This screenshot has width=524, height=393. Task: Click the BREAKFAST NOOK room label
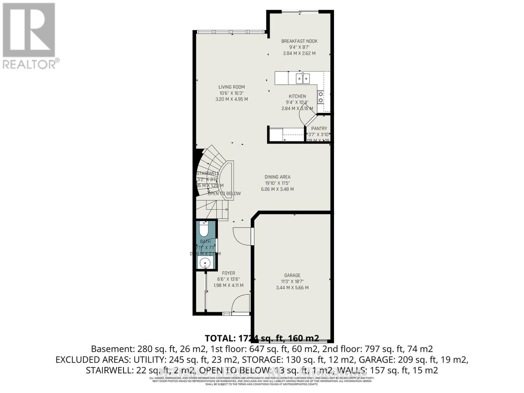299,41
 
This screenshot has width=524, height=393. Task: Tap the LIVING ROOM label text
232,87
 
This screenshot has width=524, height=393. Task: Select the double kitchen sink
303,78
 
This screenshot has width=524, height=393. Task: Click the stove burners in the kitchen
321,97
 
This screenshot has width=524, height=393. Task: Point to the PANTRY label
319,129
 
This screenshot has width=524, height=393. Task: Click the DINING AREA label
277,177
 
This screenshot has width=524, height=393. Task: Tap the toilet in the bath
204,229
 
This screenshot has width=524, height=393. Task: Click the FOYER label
228,273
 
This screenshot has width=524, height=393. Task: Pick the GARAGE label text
292,275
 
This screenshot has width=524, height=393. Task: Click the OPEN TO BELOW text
224,194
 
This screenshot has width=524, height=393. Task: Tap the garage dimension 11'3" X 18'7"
292,282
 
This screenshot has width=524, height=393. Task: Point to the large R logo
29,30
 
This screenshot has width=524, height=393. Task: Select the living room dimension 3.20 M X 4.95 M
232,99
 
